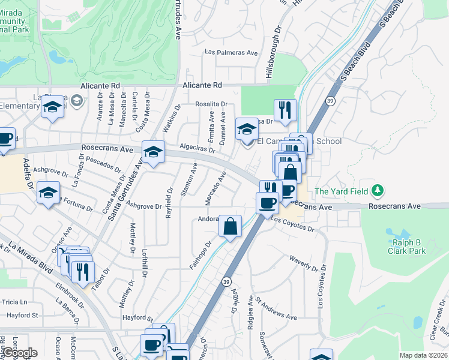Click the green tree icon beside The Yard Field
point(377,191)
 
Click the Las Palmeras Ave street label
point(231,52)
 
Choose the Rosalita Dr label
point(211,104)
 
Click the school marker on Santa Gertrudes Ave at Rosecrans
point(153,151)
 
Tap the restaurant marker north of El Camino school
point(285,110)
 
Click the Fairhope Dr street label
point(201,254)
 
